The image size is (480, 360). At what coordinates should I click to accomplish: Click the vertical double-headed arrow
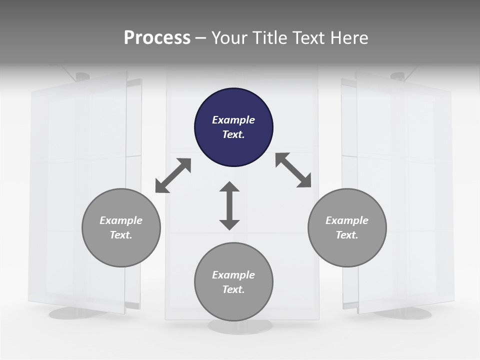229,205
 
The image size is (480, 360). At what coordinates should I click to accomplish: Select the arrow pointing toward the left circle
173,175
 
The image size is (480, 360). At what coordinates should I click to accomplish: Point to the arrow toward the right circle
293,170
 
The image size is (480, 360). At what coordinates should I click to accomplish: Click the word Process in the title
157,37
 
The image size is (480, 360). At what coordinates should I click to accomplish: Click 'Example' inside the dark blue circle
233,120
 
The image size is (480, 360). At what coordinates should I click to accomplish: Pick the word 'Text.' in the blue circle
233,134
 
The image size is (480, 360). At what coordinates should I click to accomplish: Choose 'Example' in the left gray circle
121,220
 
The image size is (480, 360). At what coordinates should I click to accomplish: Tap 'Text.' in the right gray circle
347,235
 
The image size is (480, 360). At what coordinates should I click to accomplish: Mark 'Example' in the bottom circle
233,275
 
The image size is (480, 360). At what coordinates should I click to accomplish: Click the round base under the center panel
240,326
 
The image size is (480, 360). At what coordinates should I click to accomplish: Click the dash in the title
201,37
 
